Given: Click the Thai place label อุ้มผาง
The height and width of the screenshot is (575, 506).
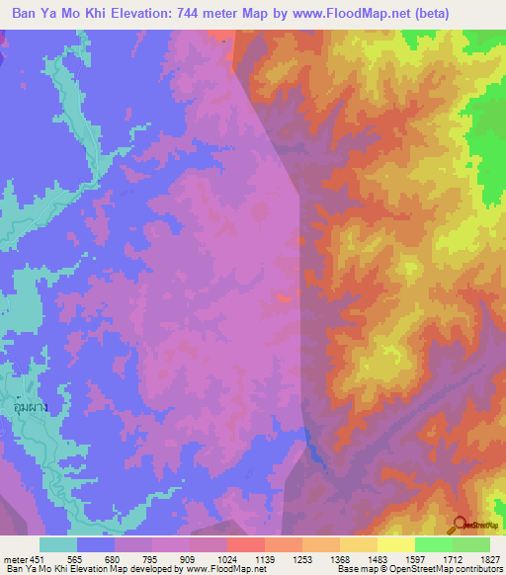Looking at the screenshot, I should click(32, 407).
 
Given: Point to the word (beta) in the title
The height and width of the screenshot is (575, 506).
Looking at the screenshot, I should click(426, 13).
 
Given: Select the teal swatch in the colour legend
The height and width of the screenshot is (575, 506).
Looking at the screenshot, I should click(57, 544).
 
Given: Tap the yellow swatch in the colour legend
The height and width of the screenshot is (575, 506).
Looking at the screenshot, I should click(395, 544).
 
